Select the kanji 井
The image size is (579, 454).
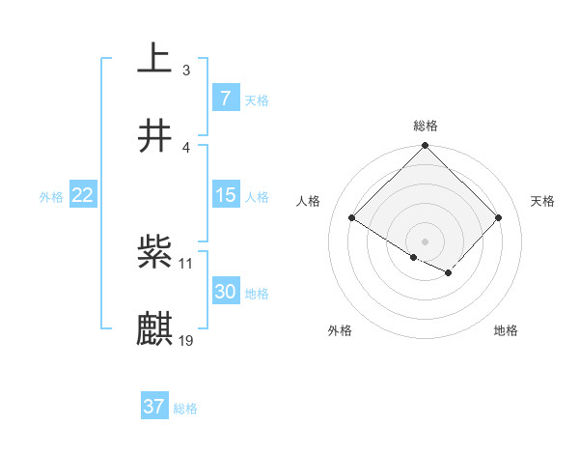pyautogui.click(x=154, y=136)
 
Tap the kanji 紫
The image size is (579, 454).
pyautogui.click(x=154, y=253)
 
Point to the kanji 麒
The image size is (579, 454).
pyautogui.click(x=154, y=329)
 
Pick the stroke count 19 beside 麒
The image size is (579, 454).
pyautogui.click(x=187, y=340)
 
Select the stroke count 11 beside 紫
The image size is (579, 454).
pyautogui.click(x=187, y=263)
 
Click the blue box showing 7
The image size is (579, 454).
pyautogui.click(x=225, y=98)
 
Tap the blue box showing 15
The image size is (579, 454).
pyautogui.click(x=225, y=195)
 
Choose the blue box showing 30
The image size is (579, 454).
pyautogui.click(x=225, y=292)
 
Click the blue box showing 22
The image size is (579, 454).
pyautogui.click(x=82, y=195)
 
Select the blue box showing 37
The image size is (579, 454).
pyautogui.click(x=154, y=407)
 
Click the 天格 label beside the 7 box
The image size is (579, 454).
pyautogui.click(x=257, y=99)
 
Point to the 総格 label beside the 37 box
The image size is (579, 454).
pyautogui.click(x=185, y=409)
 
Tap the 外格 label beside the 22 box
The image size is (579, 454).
pyautogui.click(x=51, y=197)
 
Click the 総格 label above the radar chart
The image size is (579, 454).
pyautogui.click(x=426, y=126)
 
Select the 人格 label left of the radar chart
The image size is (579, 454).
pyautogui.click(x=309, y=201)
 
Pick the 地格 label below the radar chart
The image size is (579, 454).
pyautogui.click(x=506, y=330)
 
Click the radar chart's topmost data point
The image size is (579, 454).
pyautogui.click(x=425, y=147)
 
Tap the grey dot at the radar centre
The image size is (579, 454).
pyautogui.click(x=425, y=241)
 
